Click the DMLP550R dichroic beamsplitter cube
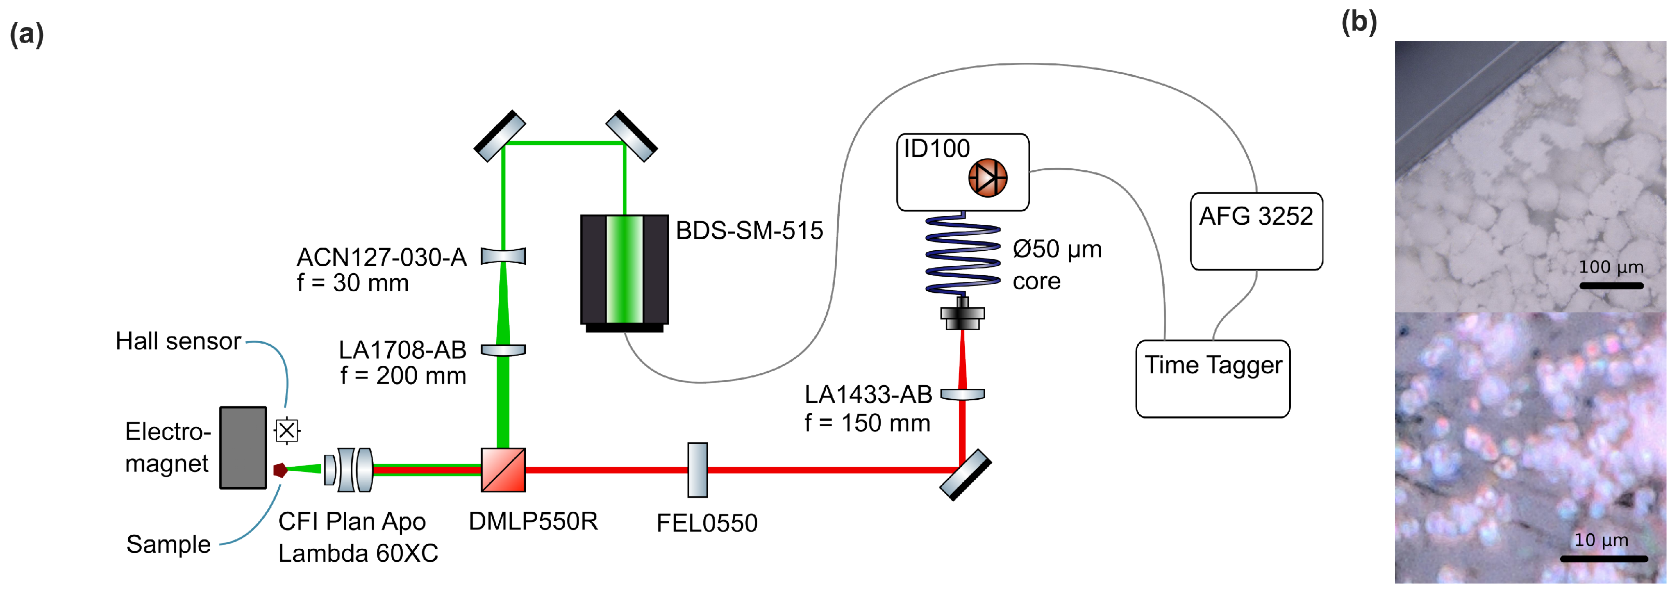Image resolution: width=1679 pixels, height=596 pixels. (503, 469)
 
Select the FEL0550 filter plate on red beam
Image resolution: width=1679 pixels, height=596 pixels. (698, 469)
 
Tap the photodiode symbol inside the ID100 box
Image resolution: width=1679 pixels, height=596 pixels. (988, 178)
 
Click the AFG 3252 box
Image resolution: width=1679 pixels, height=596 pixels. (1256, 231)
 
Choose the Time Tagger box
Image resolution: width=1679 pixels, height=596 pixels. (1212, 378)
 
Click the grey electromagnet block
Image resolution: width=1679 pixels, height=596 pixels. (242, 448)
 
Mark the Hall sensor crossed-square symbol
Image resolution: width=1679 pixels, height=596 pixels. (287, 430)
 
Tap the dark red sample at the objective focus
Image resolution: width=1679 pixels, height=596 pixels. (280, 469)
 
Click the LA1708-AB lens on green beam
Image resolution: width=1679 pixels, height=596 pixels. (503, 350)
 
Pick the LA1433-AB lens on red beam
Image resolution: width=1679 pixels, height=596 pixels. (963, 395)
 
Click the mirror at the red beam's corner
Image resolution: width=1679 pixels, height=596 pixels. (966, 475)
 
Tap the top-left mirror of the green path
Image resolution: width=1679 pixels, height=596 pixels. (499, 136)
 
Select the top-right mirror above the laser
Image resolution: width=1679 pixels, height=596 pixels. (631, 136)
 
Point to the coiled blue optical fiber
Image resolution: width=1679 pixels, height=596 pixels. (963, 254)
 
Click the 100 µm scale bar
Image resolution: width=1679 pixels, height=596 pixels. (1611, 286)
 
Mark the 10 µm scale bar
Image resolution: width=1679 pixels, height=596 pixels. (1603, 558)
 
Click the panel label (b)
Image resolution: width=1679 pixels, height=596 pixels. (1359, 22)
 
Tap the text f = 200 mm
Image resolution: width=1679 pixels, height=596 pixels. (403, 376)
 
